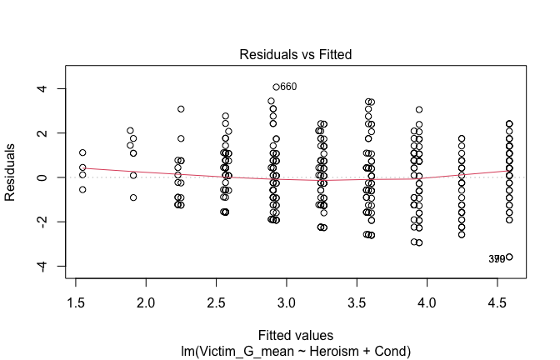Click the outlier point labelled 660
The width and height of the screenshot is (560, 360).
click(276, 87)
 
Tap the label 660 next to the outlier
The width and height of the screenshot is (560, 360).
click(288, 87)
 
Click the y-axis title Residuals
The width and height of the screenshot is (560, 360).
click(12, 177)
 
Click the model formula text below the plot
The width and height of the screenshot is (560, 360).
click(296, 352)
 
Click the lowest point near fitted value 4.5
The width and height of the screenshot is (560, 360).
click(509, 257)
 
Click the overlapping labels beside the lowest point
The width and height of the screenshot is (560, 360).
click(497, 259)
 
